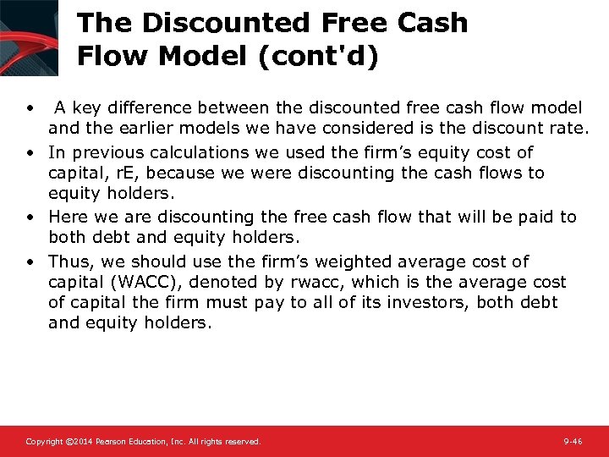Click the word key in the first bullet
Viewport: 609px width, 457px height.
coord(86,107)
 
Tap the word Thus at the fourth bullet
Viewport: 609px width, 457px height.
coord(67,262)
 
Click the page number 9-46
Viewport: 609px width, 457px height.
coord(573,442)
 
